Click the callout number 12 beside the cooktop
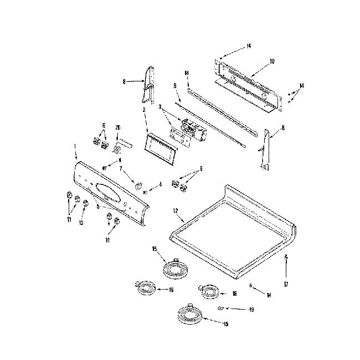175,210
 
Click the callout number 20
117,128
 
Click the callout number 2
144,110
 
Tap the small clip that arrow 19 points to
220,307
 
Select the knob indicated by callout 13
85,203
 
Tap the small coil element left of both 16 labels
145,286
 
